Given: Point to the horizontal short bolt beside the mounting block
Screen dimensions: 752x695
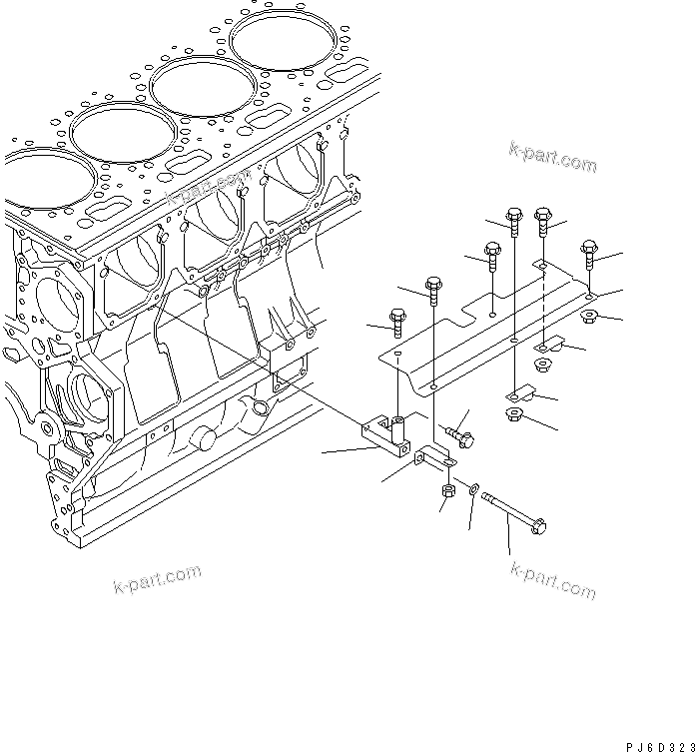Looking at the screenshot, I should (462, 433).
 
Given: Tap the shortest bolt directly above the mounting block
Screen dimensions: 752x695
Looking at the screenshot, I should (397, 327).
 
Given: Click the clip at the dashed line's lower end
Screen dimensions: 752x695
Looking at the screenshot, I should (558, 347).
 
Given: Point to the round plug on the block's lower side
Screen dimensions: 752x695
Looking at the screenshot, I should (204, 437).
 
